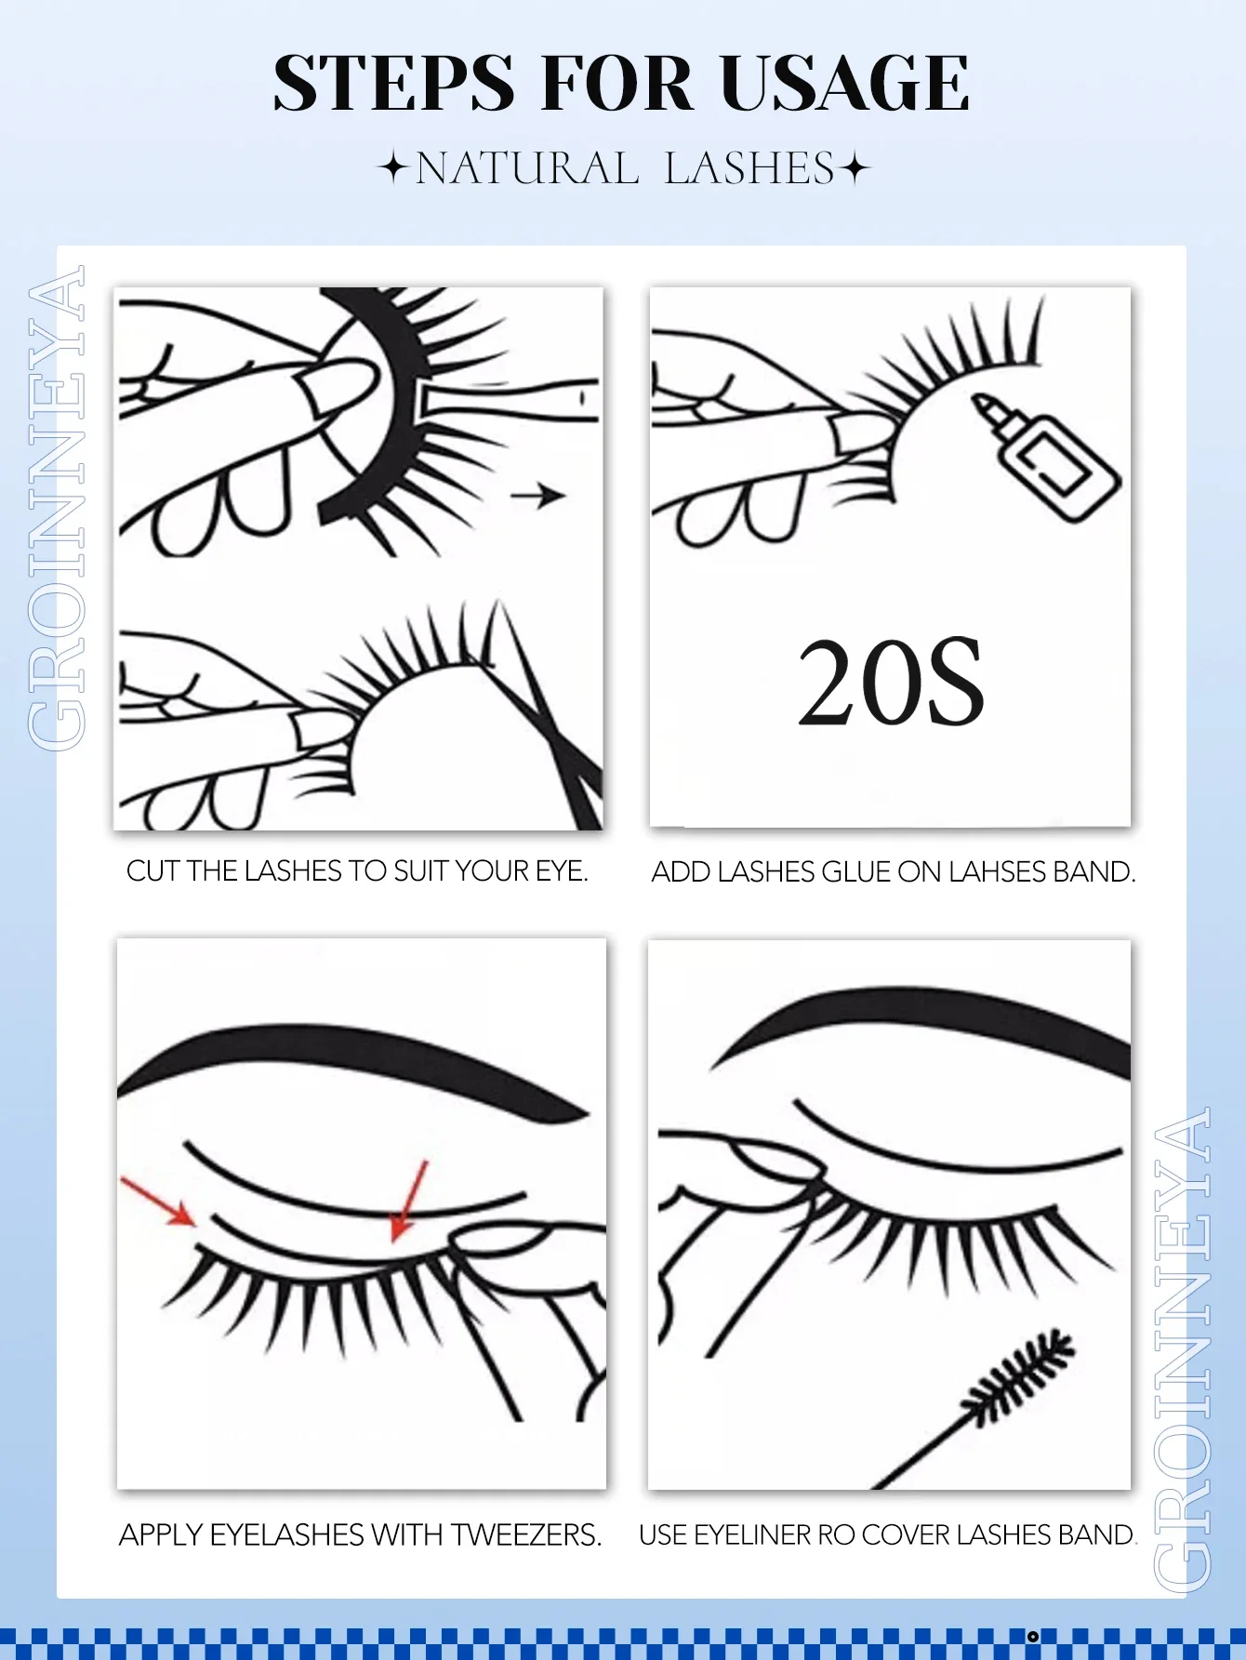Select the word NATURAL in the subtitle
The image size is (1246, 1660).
[526, 169]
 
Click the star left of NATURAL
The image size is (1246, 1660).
[393, 169]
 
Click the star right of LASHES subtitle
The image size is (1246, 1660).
[854, 169]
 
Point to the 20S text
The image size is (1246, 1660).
[891, 684]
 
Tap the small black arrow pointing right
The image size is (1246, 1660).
[538, 496]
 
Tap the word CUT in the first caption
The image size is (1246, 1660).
[152, 871]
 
